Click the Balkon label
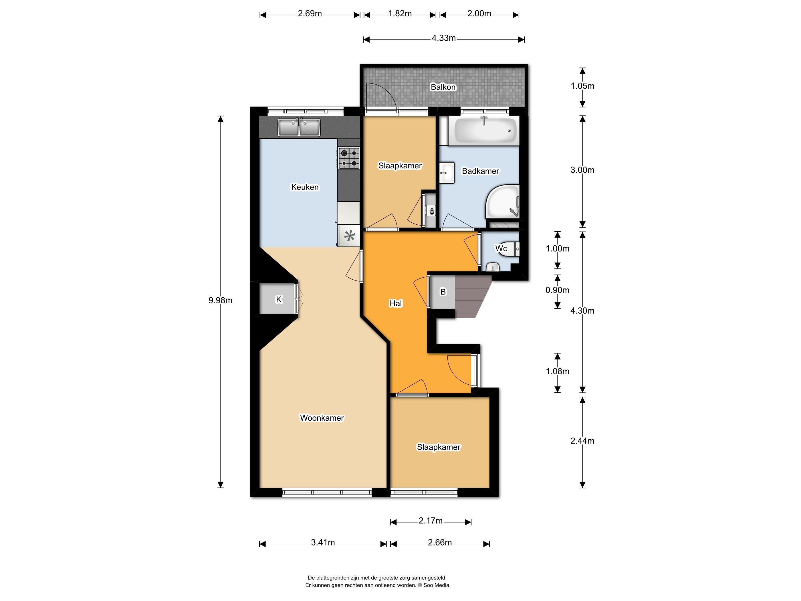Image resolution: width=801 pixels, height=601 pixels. pos(443,87)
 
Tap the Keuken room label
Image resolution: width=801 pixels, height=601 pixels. pos(305,187)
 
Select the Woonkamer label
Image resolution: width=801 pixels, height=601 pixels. pos(322,418)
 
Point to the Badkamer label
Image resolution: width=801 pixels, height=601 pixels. pos(481,171)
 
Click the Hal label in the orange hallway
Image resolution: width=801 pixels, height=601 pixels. pos(395,303)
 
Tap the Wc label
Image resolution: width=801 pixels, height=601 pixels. pos(501,248)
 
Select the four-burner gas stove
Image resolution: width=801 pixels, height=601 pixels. pos(349,158)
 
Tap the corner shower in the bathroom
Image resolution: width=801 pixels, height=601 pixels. pos(502,202)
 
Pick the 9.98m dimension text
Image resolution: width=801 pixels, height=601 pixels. pos(220,300)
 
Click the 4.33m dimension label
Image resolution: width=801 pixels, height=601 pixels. pos(444,38)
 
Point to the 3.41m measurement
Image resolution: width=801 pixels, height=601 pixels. pos(323,543)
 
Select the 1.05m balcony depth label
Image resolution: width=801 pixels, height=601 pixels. pos(582,86)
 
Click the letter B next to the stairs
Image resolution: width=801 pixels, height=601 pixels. pos(443,292)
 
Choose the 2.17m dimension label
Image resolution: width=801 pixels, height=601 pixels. pos(431,521)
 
